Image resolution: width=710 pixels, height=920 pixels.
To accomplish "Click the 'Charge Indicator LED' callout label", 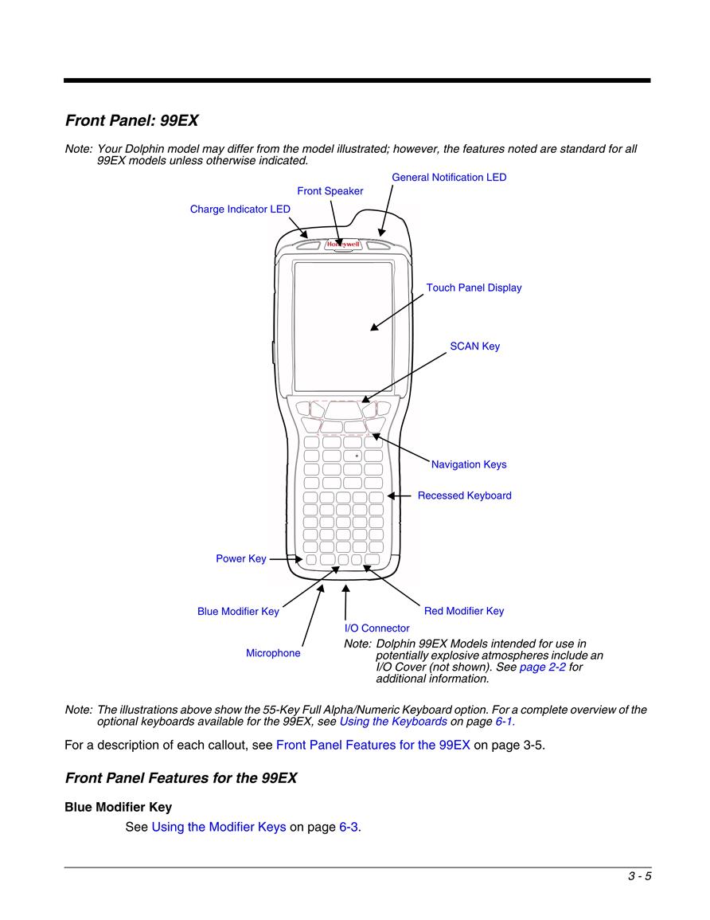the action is [x=240, y=209].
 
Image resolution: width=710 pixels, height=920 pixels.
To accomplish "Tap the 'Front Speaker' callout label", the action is [x=330, y=190].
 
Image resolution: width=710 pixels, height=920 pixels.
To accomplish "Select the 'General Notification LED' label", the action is [x=449, y=177].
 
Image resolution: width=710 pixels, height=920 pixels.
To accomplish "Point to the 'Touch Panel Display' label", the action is [x=474, y=288].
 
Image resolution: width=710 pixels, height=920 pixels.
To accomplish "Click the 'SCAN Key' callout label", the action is [x=475, y=346].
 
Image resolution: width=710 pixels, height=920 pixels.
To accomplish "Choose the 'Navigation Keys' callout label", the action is [x=469, y=464].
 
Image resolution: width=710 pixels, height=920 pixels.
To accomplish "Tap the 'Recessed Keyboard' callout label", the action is [x=464, y=495].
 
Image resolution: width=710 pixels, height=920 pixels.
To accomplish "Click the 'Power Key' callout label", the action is [x=241, y=558].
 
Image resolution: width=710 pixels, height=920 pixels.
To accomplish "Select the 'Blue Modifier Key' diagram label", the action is [x=238, y=612].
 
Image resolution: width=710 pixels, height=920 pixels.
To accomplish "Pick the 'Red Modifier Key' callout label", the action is [x=464, y=611].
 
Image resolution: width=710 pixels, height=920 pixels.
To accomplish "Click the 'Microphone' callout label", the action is [x=273, y=653].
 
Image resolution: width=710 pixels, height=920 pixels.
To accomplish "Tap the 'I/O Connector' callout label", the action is [x=377, y=628].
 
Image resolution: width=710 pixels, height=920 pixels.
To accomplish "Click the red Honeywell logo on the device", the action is [x=344, y=244].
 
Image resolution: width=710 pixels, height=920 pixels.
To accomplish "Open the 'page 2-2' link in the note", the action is [x=542, y=667].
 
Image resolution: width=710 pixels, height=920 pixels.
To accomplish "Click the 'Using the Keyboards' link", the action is [x=393, y=722].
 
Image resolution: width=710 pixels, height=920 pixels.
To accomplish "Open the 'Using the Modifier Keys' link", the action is [x=219, y=827].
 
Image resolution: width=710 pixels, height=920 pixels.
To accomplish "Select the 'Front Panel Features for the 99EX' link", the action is [x=373, y=745].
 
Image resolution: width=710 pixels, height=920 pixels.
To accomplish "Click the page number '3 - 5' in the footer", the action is [x=640, y=876].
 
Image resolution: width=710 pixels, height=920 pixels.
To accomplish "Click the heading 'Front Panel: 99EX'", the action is [x=132, y=120].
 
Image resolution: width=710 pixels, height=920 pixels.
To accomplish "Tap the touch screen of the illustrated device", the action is [x=344, y=327].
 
